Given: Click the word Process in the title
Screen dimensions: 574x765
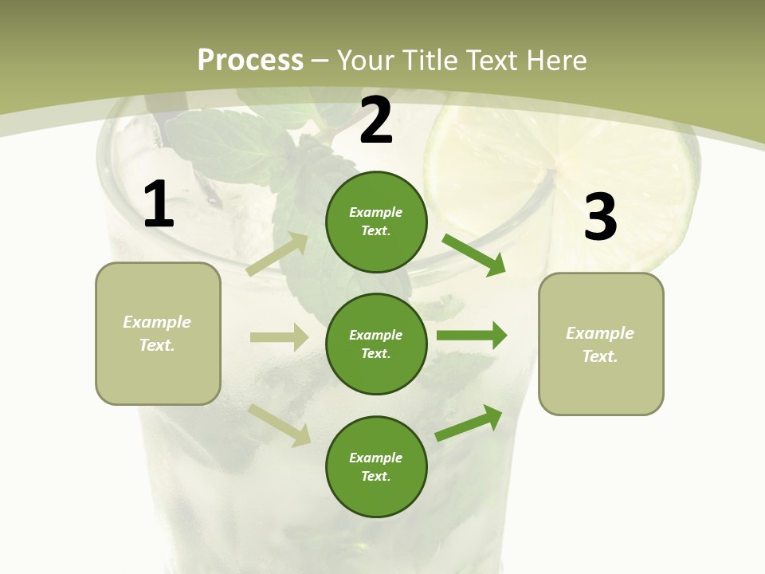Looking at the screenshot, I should pos(250,61).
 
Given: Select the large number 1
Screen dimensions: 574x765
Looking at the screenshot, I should pos(159,205).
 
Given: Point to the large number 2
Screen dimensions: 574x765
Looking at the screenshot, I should pos(376,121).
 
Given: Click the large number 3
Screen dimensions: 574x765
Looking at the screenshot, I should pos(600,217).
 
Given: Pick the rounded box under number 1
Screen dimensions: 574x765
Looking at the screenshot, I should pos(158,333).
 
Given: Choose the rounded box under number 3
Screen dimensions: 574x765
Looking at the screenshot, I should pos(601,344).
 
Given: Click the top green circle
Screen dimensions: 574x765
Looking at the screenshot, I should pos(376,222).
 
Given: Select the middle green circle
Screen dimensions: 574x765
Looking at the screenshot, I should pos(376,344).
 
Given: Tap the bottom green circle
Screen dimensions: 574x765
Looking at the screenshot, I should pos(376,466).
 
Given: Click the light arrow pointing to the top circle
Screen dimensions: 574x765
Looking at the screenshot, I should pos(277,254).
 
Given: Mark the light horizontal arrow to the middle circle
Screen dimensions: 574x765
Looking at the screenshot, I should pos(279,337).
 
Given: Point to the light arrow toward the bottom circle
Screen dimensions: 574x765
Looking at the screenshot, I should pos(280,425).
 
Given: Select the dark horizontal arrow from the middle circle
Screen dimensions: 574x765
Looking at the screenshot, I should pos(472,336).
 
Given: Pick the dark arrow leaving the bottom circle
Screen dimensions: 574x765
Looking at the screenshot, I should pos(469,423).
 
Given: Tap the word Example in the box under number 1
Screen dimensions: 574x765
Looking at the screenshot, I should pos(157,322).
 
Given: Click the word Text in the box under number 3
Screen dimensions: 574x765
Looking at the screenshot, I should pos(599,356).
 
